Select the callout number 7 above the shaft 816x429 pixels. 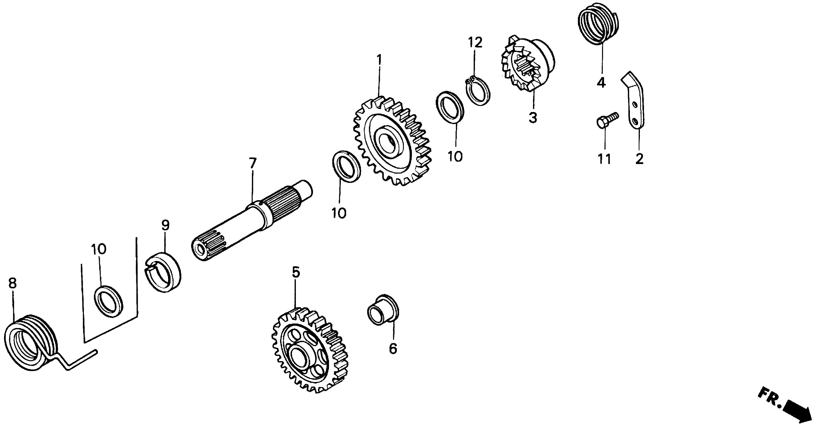(252, 163)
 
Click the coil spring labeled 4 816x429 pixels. (598, 24)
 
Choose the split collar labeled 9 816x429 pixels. (163, 272)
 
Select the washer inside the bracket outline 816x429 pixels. (109, 301)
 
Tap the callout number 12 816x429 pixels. (475, 42)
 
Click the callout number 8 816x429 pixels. (12, 283)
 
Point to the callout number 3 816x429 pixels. (533, 118)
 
